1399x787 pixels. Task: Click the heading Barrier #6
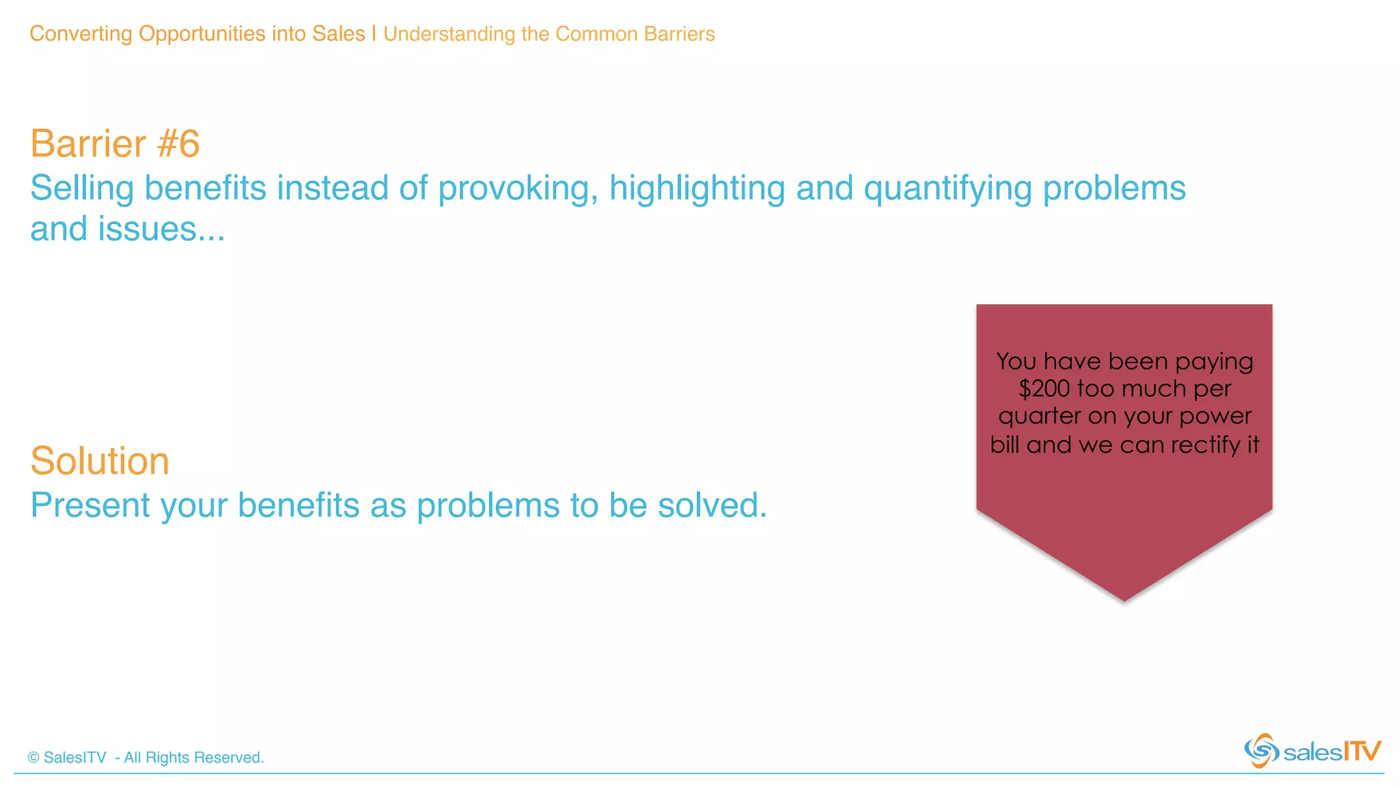pyautogui.click(x=115, y=144)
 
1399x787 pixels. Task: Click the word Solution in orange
pyautogui.click(x=100, y=461)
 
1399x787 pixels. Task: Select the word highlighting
pyautogui.click(x=697, y=189)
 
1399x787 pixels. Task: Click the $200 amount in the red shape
pyautogui.click(x=1044, y=389)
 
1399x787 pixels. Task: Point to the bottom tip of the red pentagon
pyautogui.click(x=1124, y=599)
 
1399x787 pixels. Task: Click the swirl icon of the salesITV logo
pyautogui.click(x=1261, y=750)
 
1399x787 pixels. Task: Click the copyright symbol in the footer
pyautogui.click(x=33, y=758)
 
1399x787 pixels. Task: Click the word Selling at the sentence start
pyautogui.click(x=81, y=189)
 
